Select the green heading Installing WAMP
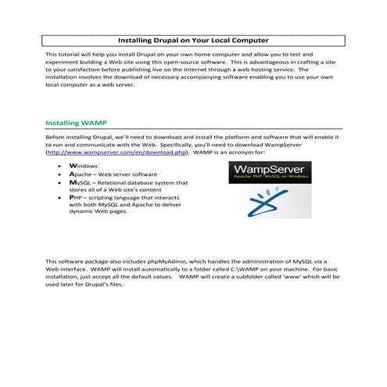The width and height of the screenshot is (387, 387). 77,123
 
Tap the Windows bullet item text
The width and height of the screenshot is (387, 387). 84,167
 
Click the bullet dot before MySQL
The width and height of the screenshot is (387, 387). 60,183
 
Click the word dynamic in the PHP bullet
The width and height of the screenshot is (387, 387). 83,213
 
